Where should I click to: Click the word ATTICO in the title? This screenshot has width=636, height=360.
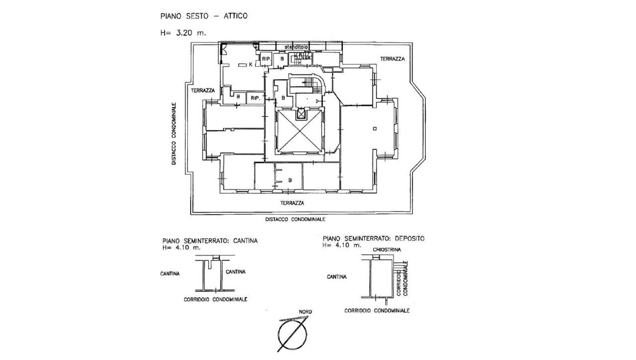tap(234, 16)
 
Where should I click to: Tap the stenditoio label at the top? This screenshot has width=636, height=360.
tap(296, 47)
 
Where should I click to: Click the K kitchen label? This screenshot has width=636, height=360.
tap(251, 65)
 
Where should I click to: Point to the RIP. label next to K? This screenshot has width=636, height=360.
tap(266, 59)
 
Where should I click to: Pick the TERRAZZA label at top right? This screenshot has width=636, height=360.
tap(393, 59)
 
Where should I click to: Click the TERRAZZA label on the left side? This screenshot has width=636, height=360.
tap(201, 90)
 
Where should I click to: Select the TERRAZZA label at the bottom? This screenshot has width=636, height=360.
tap(292, 203)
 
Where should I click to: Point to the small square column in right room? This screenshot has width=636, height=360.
tap(376, 129)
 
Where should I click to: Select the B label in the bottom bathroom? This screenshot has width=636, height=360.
tap(289, 180)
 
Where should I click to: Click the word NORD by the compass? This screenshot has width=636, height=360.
tap(305, 312)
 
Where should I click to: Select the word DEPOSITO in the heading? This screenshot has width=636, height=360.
tap(410, 238)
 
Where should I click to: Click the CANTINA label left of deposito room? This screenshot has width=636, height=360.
tap(336, 277)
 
